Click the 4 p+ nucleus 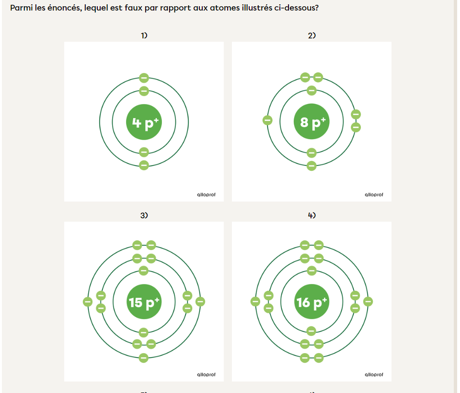tap(144, 122)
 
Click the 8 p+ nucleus tap(311, 121)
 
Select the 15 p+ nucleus tap(144, 302)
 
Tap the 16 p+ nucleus tap(311, 302)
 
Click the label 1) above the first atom tap(144, 36)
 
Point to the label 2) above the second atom tap(312, 36)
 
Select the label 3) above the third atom tap(144, 215)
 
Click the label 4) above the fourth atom tap(312, 215)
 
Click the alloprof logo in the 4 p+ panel tap(206, 194)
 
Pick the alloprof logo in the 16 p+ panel tap(374, 374)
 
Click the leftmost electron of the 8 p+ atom tap(267, 120)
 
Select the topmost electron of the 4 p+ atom tap(144, 78)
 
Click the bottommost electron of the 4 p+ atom tap(144, 165)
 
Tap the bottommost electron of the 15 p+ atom tap(143, 358)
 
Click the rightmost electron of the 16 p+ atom tap(368, 301)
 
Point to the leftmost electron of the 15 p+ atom tap(88, 302)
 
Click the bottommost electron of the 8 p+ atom tap(311, 166)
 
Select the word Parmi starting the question tap(21, 8)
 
